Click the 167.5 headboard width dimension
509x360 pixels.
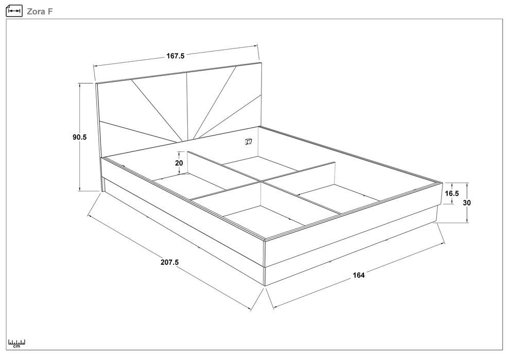[x=175, y=56]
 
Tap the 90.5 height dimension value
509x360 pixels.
[x=80, y=137]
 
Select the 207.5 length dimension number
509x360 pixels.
[x=169, y=262]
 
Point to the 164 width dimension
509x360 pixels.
[x=359, y=275]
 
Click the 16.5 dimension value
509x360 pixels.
[x=452, y=193]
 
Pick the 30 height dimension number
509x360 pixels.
[x=467, y=203]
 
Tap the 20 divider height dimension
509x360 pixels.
[x=179, y=163]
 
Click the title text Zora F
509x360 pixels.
[x=40, y=11]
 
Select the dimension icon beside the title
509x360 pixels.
[x=14, y=11]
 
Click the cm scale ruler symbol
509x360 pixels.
[x=17, y=344]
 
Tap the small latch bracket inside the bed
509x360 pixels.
[x=249, y=141]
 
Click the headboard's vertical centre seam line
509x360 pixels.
[x=187, y=107]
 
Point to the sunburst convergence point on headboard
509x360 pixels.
[x=182, y=142]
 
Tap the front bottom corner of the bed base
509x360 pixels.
[x=265, y=286]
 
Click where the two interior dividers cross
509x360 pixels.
[x=261, y=181]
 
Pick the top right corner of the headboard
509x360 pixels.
[x=260, y=62]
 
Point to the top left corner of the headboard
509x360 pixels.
[x=96, y=83]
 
